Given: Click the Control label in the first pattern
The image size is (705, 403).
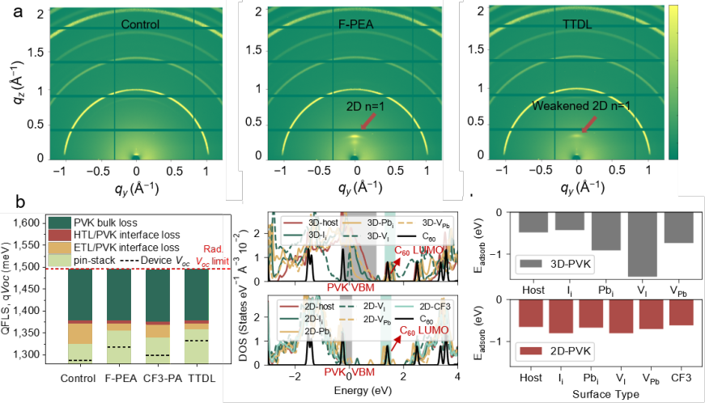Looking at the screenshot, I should click(140, 24).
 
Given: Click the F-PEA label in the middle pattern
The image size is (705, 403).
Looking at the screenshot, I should click(359, 24).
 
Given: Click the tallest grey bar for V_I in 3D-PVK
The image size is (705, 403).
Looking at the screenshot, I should click(619, 243).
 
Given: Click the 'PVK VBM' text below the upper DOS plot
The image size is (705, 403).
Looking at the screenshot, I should click(350, 286).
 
